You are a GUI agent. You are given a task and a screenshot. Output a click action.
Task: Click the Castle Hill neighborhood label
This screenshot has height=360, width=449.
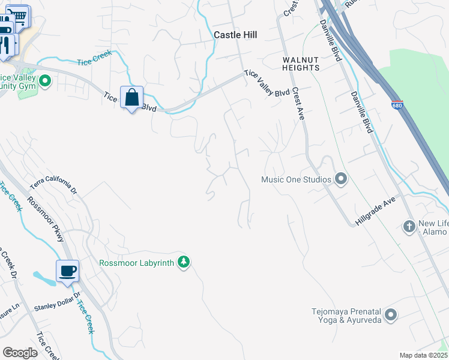click(x=235, y=35)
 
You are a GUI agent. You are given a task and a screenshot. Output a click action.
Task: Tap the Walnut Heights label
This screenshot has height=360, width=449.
click(x=301, y=64)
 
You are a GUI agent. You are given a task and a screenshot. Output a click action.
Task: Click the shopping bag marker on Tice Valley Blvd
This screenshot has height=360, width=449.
click(x=131, y=97)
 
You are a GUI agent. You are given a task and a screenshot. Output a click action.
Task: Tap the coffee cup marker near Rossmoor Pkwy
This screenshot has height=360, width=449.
click(x=67, y=270)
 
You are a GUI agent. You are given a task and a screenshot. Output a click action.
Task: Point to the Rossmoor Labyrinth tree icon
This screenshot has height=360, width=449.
click(x=184, y=262)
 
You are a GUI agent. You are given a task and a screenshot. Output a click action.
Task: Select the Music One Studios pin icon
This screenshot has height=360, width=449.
click(x=341, y=179)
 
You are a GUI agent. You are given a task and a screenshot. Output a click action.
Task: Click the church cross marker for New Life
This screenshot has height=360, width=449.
click(x=409, y=226)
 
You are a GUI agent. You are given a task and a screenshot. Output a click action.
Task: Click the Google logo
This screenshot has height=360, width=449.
click(x=20, y=353)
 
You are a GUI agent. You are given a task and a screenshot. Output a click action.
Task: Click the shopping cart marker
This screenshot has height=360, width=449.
click(x=20, y=15)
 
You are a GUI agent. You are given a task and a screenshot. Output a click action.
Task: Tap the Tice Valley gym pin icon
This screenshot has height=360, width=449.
click(x=44, y=80)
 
